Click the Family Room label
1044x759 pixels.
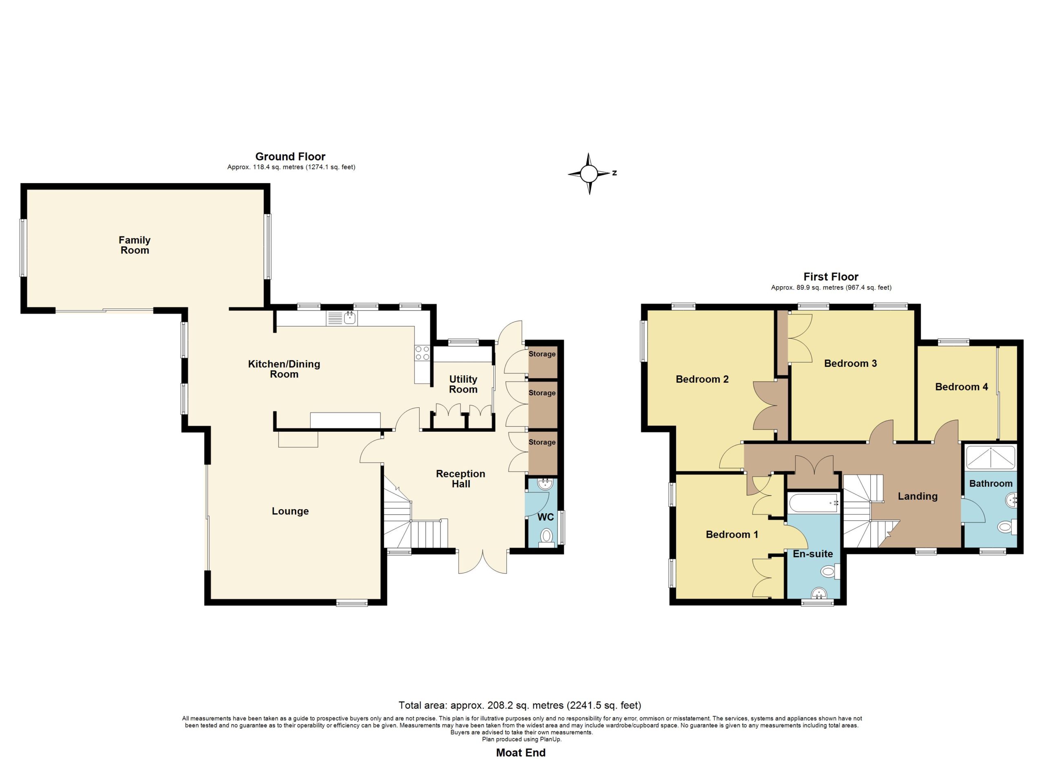135,245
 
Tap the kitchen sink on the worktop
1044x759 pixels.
342,318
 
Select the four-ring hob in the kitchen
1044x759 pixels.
422,353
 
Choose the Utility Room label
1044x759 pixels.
463,384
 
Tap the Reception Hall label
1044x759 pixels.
460,479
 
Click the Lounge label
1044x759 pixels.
290,511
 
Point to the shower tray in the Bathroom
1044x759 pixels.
991,457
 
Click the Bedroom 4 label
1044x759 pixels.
962,387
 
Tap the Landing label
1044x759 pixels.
918,496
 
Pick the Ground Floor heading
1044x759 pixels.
290,157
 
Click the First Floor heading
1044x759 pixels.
831,277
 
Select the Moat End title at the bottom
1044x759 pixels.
521,752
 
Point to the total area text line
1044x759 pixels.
520,705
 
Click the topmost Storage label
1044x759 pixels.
542,354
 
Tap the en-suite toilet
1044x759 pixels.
830,572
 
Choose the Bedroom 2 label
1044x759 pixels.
702,379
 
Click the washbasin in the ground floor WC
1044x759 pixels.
546,483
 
